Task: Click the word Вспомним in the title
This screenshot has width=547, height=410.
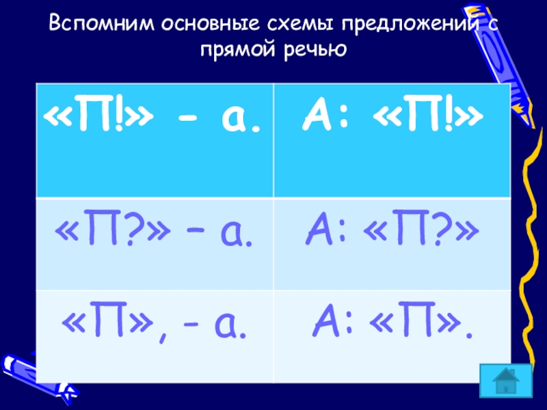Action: coord(101,23)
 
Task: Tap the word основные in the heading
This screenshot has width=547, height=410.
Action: coord(210,23)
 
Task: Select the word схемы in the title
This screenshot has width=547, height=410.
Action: coord(300,23)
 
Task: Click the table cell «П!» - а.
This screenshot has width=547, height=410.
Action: coord(155,141)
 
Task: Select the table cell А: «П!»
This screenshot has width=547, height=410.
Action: coord(392,141)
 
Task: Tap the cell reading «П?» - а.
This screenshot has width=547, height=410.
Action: coord(155,244)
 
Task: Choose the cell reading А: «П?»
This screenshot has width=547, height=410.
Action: coord(392,244)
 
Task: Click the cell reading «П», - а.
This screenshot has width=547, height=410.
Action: coord(155,336)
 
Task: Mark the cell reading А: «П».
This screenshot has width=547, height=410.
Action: coord(392,336)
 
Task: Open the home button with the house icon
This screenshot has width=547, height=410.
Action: coord(506,381)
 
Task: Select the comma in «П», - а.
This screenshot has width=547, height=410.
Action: coord(163,336)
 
